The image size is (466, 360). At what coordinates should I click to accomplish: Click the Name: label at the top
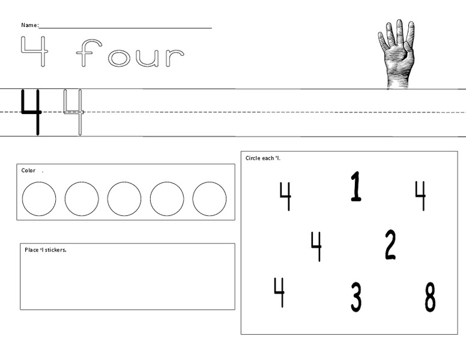29,25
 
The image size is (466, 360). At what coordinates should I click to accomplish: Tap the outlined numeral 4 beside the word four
34,52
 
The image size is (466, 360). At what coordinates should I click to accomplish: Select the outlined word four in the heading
130,55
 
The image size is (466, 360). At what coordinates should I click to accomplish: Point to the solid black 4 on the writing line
31,112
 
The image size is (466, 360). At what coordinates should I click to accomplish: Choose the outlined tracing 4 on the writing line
74,112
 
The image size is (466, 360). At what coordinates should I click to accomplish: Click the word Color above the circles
28,170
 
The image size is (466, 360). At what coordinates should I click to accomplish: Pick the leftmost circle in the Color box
39,199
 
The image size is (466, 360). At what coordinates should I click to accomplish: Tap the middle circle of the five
124,199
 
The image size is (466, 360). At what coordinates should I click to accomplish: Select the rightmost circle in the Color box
210,199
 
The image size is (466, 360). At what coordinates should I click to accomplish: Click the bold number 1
356,186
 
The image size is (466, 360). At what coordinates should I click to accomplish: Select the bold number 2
390,245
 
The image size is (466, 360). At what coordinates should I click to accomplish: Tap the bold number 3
356,297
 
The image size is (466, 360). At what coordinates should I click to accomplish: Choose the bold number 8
430,297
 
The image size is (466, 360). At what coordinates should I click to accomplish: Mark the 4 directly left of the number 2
316,245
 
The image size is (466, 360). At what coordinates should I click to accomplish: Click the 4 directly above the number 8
420,195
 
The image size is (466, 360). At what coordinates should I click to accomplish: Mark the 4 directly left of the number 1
285,195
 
